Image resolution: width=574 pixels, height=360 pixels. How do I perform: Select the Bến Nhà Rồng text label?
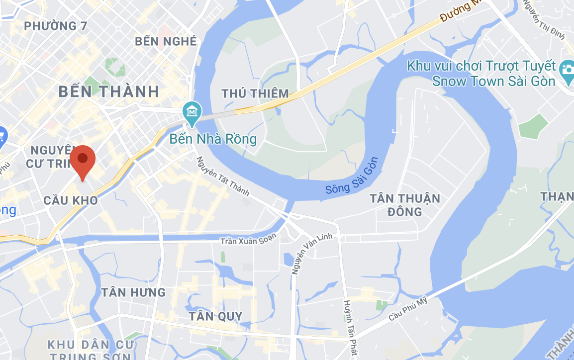pos(213,139)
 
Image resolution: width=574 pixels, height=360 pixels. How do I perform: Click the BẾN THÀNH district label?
pos(109,91)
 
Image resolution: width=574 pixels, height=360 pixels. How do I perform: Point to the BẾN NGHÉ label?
pos(166,41)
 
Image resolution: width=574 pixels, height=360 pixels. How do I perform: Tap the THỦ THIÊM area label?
pos(255,93)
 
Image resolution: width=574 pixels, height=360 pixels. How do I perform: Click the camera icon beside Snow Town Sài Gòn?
pos(568,70)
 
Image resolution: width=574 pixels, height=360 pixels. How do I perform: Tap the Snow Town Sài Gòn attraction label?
pos(480,74)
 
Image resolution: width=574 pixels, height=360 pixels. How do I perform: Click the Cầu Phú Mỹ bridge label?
pos(408,308)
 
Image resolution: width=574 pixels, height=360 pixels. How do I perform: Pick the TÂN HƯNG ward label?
pos(133,292)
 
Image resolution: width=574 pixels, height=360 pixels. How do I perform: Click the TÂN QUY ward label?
pos(215,316)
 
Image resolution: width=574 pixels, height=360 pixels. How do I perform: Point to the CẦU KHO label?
pos(70,200)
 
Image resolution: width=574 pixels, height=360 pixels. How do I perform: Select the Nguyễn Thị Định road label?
pos(539,20)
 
